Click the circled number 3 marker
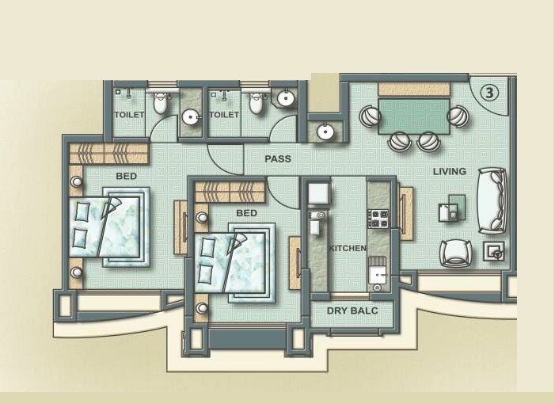pyautogui.click(x=490, y=93)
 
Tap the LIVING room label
pyautogui.click(x=449, y=171)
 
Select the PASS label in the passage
pyautogui.click(x=277, y=159)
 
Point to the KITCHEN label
pyautogui.click(x=348, y=249)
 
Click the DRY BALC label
pyautogui.click(x=352, y=311)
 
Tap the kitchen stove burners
pyautogui.click(x=378, y=218)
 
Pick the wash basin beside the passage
pyautogui.click(x=325, y=131)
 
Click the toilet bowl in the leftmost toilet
pyautogui.click(x=160, y=103)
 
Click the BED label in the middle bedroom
pyautogui.click(x=246, y=213)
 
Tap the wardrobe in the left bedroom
pyautogui.click(x=108, y=153)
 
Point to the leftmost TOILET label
pyautogui.click(x=129, y=115)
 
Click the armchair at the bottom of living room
pyautogui.click(x=456, y=252)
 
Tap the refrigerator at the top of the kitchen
pyautogui.click(x=317, y=194)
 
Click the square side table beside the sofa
pyautogui.click(x=495, y=252)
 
